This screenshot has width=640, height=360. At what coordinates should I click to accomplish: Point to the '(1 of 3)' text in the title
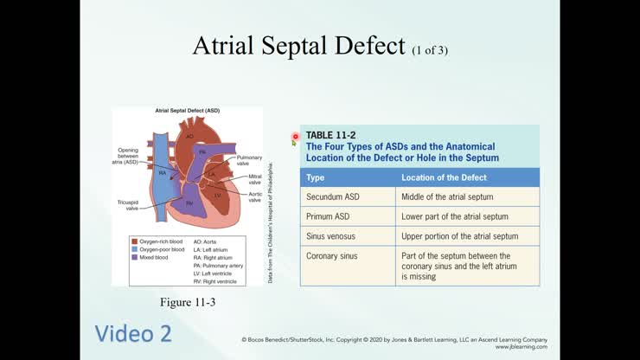430,49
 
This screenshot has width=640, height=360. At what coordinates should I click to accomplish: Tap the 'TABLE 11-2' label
330,135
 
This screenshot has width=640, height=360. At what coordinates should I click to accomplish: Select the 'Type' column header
316,177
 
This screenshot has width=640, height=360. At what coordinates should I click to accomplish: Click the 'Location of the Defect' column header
444,177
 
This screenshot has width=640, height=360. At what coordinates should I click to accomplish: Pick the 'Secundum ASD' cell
333,197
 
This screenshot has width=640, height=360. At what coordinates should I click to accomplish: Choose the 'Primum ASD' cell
329,216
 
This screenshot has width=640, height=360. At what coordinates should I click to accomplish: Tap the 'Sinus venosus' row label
330,235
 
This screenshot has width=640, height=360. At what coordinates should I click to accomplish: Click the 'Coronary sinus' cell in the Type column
333,256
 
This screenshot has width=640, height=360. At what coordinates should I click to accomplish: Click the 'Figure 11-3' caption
187,302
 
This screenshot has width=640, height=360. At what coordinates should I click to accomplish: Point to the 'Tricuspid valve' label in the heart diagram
127,204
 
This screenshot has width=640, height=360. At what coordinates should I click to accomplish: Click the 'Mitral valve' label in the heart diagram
255,179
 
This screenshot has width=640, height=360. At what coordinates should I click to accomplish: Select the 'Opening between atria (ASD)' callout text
127,156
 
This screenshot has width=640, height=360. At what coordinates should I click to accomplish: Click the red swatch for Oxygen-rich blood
133,241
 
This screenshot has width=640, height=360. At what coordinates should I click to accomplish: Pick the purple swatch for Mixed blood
133,257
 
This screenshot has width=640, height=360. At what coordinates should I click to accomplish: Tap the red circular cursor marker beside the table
295,137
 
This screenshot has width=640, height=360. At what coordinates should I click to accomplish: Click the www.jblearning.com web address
521,347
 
